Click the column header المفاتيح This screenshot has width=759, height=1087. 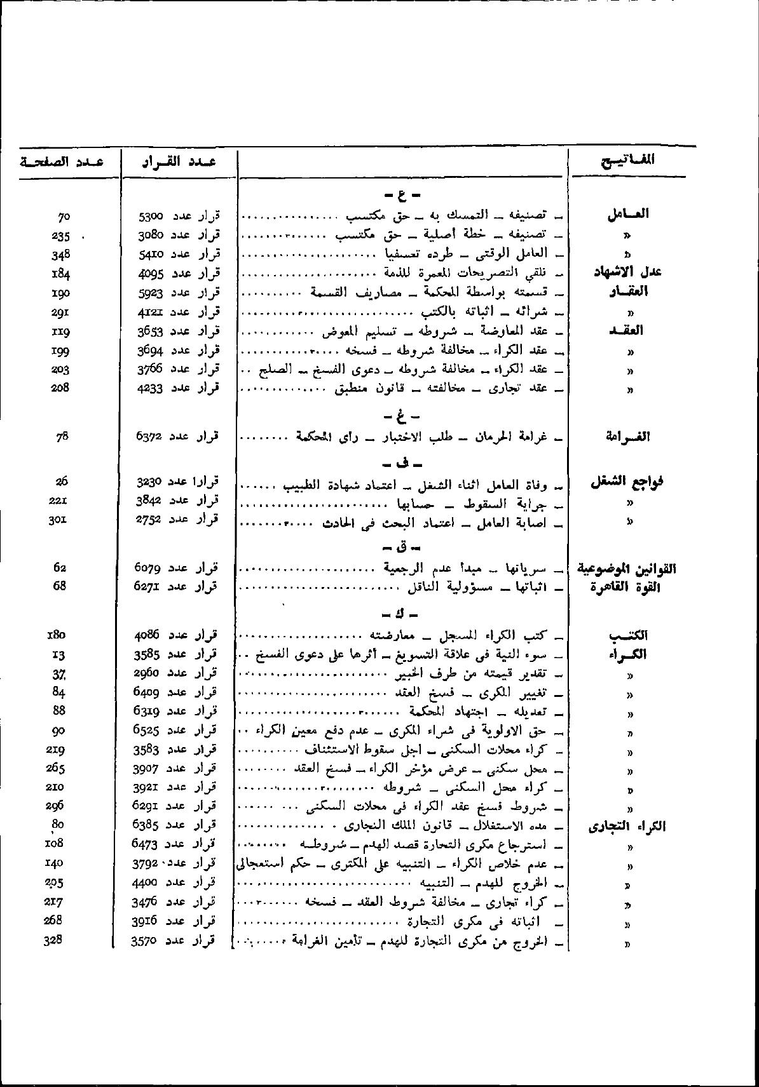click(x=627, y=160)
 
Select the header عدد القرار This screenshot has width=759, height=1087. click(x=179, y=161)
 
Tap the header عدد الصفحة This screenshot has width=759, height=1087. click(x=62, y=161)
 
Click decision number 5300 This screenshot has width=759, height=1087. click(x=151, y=217)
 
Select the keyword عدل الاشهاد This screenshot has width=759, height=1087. click(x=627, y=273)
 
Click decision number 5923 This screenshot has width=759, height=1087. click(x=151, y=293)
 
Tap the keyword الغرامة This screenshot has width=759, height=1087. click(x=629, y=436)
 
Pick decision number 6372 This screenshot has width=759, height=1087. click(x=150, y=436)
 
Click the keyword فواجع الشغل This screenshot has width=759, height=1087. click(x=627, y=482)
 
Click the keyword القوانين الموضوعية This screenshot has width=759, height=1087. click(x=626, y=568)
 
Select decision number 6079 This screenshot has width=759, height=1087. click(x=148, y=568)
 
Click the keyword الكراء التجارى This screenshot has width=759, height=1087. click(x=627, y=827)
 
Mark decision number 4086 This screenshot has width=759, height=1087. click(x=149, y=635)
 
